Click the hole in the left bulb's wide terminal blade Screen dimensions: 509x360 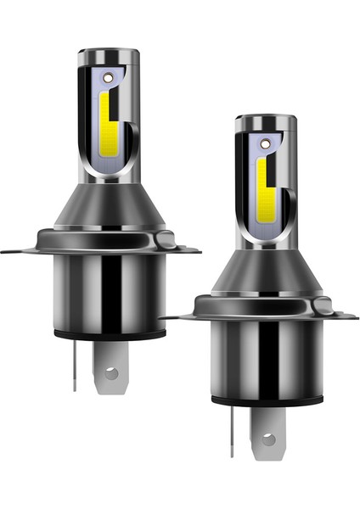[x=108, y=372]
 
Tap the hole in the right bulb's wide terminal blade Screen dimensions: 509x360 [x=267, y=439]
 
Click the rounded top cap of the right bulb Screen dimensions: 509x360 [x=265, y=122]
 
